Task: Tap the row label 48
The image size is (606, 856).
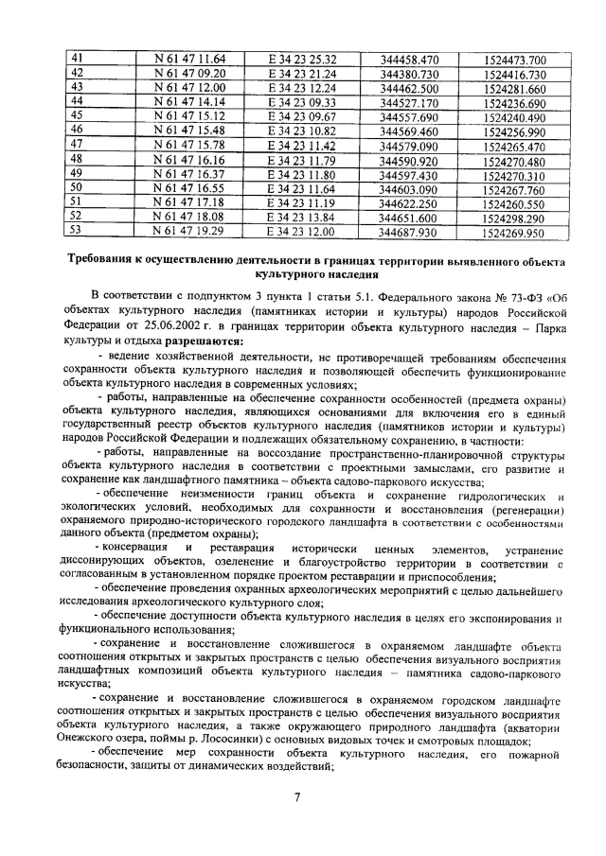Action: point(78,160)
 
